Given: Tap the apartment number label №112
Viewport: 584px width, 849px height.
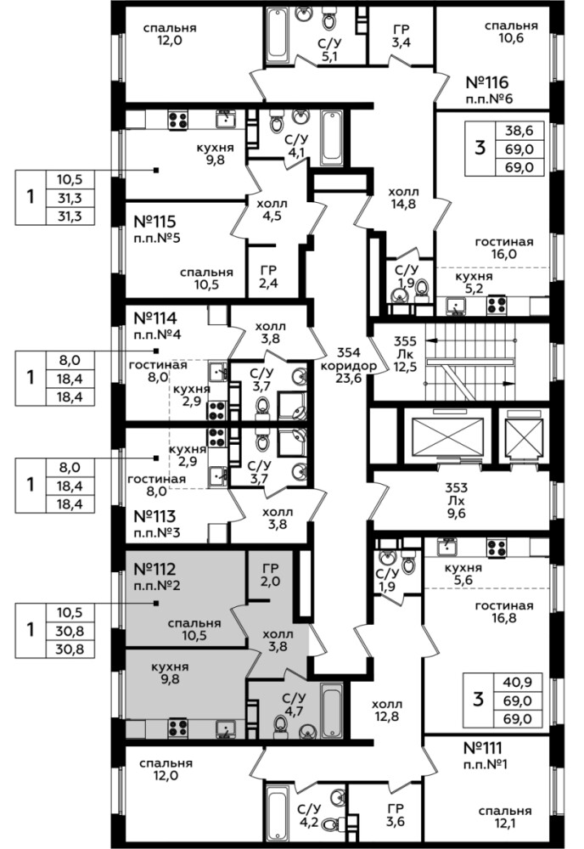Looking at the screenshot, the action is point(154,569).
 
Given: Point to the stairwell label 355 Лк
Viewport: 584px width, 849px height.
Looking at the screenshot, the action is point(405,347).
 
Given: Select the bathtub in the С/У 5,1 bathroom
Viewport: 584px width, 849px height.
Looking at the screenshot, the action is point(275,33).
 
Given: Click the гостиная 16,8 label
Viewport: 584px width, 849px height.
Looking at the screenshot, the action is point(504,611).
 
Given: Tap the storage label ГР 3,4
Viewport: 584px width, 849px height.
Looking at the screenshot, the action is point(401,35).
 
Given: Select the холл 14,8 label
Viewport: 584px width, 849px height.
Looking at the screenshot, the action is point(404,198).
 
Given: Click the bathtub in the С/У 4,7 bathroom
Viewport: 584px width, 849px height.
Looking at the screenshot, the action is point(331,709).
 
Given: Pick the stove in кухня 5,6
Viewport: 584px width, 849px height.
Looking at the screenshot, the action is point(496,548).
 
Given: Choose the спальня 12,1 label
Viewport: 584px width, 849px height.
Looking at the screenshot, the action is point(504,817).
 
